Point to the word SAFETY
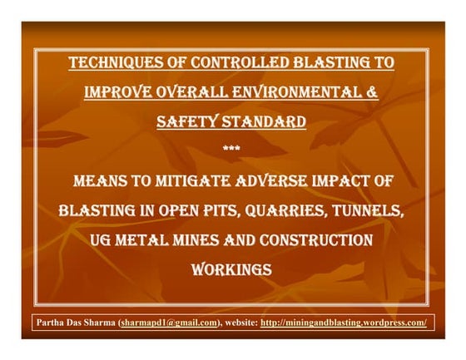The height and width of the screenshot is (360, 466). [187, 121]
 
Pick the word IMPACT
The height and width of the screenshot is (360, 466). [353, 180]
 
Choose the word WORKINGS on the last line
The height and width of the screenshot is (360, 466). [232, 270]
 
